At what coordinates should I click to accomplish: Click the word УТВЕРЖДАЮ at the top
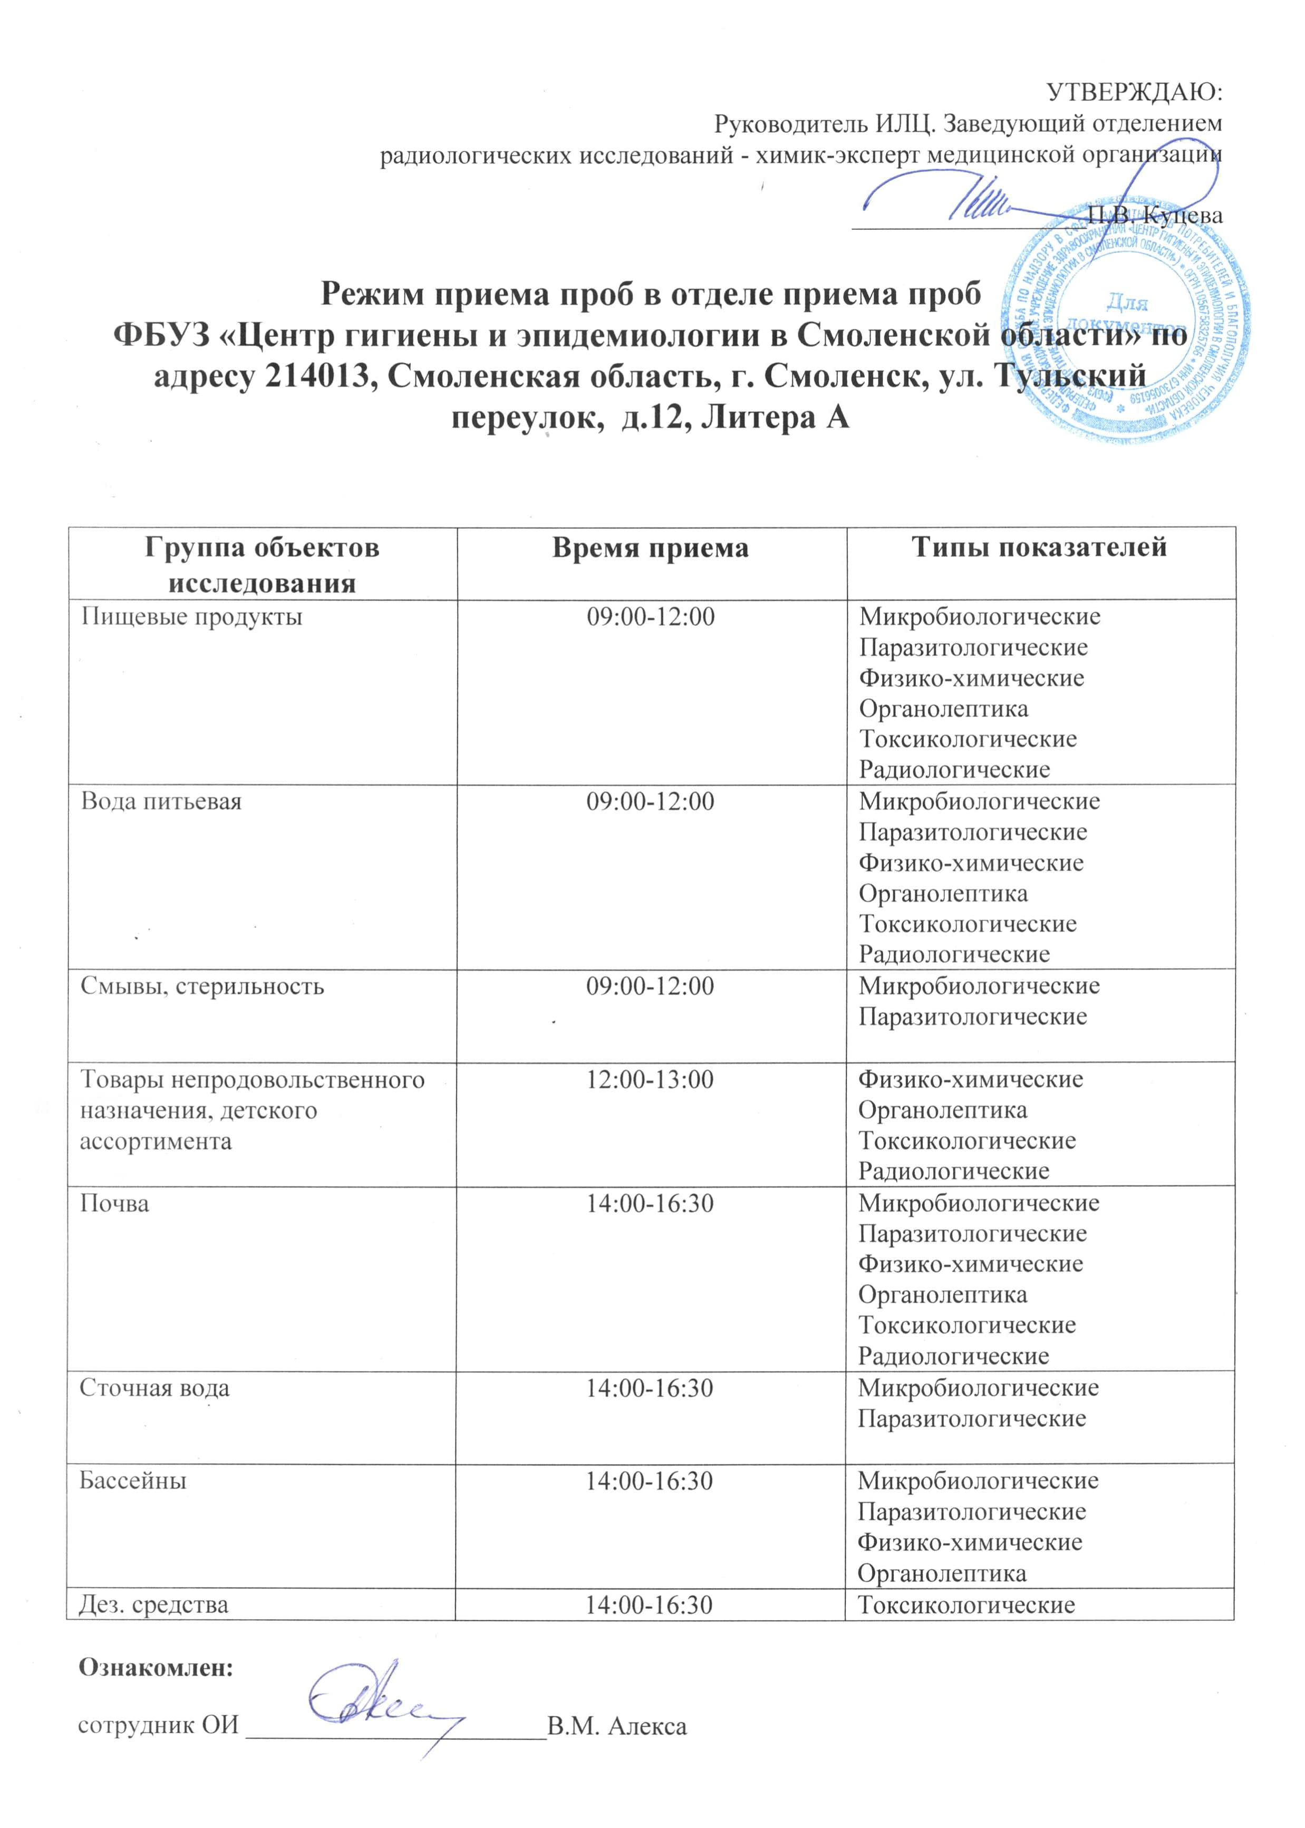pos(1134,92)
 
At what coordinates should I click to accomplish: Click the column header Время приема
pos(650,548)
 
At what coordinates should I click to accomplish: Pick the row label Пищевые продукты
pos(191,617)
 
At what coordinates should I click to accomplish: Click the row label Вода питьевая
pos(161,802)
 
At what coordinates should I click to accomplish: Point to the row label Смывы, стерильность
pos(202,986)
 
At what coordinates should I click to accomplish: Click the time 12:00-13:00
pos(649,1079)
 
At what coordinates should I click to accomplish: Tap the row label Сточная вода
pos(154,1388)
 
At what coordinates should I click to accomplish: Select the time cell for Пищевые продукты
pos(650,617)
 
